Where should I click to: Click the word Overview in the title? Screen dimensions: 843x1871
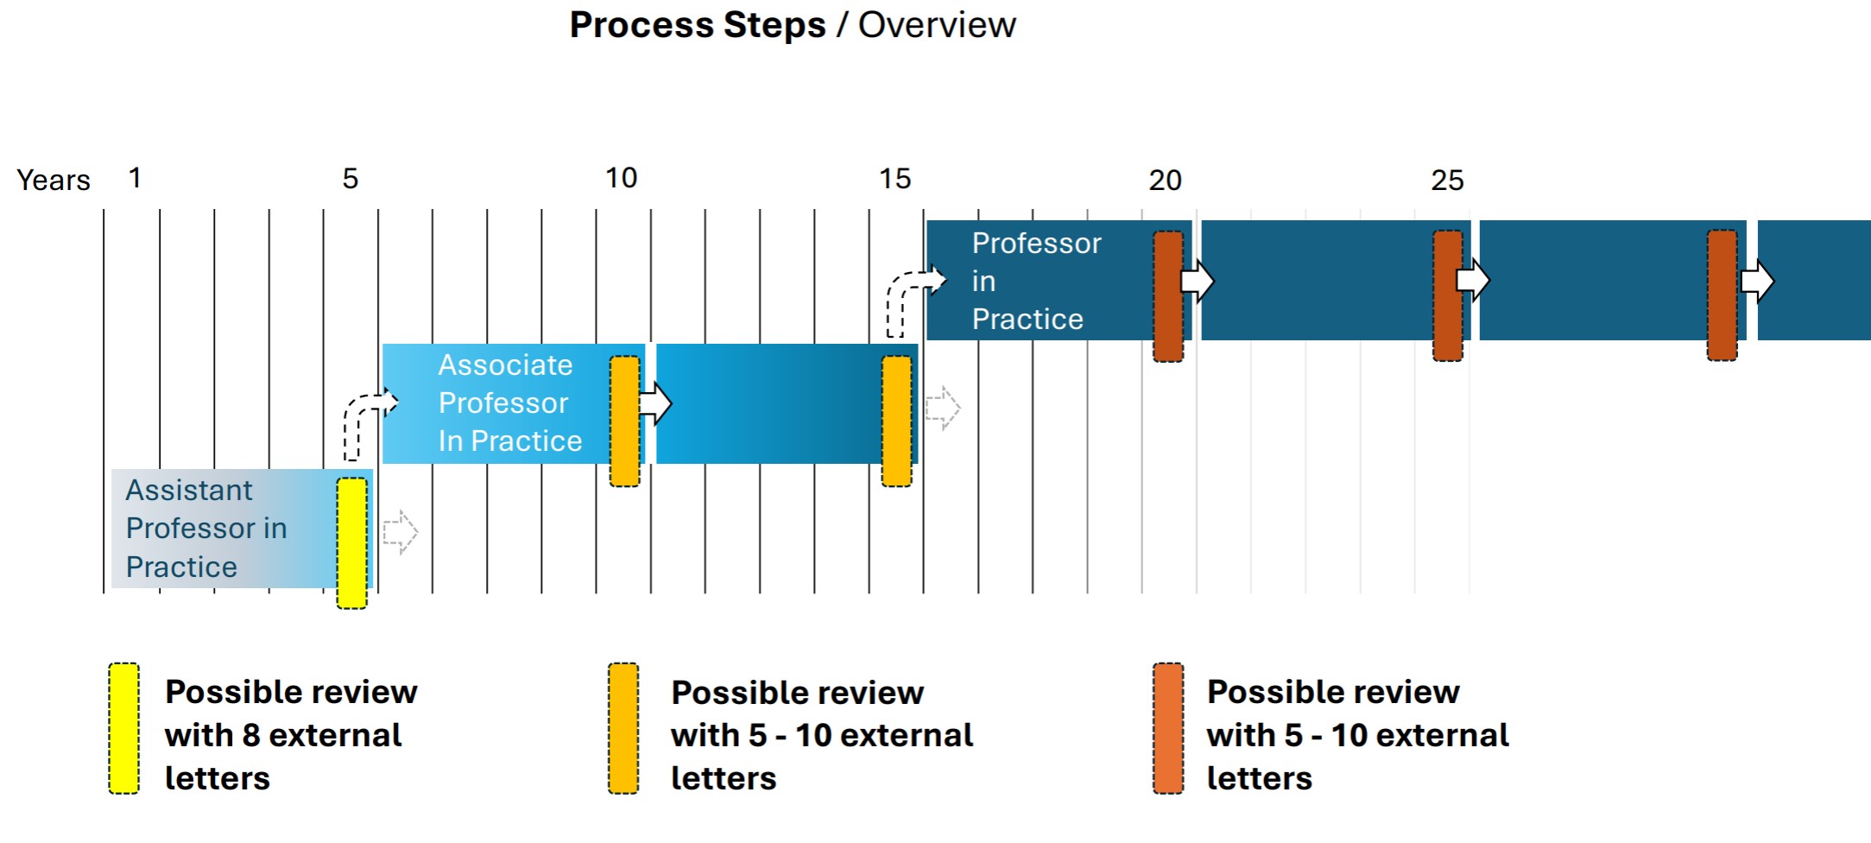pyautogui.click(x=937, y=25)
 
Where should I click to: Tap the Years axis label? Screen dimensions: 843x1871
pyautogui.click(x=54, y=180)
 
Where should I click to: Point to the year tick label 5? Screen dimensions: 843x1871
pyautogui.click(x=350, y=179)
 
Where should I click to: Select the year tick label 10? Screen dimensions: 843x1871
pyautogui.click(x=621, y=178)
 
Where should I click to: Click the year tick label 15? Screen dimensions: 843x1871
pyautogui.click(x=894, y=179)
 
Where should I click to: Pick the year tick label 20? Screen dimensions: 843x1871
pyautogui.click(x=1165, y=181)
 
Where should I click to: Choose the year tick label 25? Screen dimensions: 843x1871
pyautogui.click(x=1447, y=181)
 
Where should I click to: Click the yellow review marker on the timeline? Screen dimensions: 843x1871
pyautogui.click(x=351, y=543)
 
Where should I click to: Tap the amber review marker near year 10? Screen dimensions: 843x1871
pyautogui.click(x=624, y=421)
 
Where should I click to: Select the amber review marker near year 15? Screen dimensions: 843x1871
pyautogui.click(x=896, y=421)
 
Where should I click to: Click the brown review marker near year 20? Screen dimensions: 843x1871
pyautogui.click(x=1168, y=295)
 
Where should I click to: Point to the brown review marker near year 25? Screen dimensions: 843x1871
pyautogui.click(x=1448, y=295)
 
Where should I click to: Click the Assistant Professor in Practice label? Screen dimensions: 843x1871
pyautogui.click(x=205, y=528)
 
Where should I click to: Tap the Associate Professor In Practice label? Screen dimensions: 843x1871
pyautogui.click(x=509, y=402)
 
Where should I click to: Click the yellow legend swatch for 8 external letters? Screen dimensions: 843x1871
pyautogui.click(x=123, y=728)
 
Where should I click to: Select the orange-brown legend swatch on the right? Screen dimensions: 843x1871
pyautogui.click(x=1168, y=728)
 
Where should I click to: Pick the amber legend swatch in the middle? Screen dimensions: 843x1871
pyautogui.click(x=623, y=728)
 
